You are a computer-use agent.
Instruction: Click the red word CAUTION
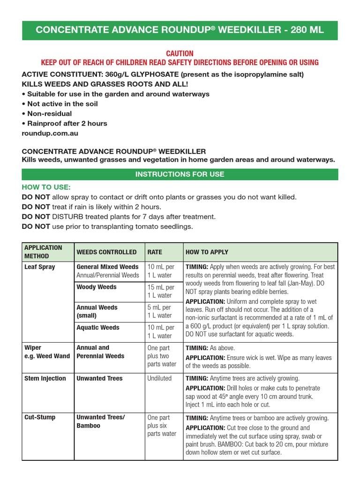[180, 53]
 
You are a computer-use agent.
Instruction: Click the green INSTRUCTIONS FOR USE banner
[180, 174]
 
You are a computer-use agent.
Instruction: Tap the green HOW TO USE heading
[46, 187]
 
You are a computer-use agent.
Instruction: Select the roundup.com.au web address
[50, 133]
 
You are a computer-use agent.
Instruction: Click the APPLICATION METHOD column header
[43, 252]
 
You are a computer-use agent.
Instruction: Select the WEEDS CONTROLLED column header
[106, 252]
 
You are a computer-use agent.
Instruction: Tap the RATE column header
[155, 252]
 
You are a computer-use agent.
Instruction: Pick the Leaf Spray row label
[39, 267]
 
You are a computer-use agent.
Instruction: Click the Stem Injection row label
[45, 378]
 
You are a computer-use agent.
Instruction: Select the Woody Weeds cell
[97, 287]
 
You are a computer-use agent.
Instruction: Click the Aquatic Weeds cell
[98, 328]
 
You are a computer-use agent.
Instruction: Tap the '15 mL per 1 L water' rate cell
[160, 291]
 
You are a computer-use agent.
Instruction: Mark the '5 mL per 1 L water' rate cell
[160, 311]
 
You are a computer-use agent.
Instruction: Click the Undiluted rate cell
[159, 378]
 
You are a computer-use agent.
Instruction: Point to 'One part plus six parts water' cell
[162, 426]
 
